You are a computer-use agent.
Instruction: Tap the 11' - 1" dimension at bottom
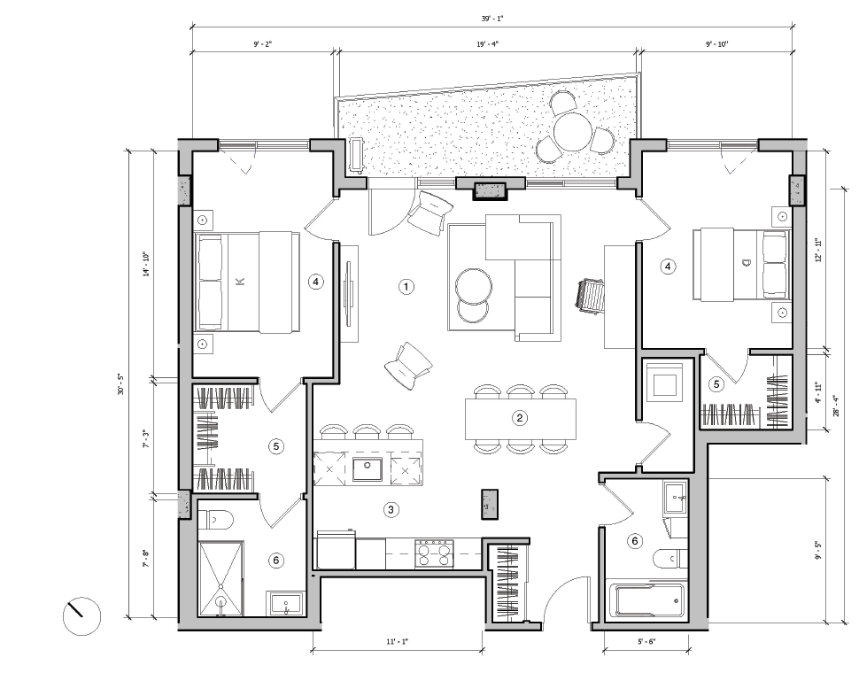pos(398,641)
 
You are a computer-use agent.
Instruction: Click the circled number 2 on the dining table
pos(521,418)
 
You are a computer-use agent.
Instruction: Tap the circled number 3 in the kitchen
pos(390,508)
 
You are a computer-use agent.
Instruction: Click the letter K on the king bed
pos(239,282)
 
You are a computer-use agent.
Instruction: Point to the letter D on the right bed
pos(747,262)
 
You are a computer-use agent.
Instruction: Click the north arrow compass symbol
pos(82,615)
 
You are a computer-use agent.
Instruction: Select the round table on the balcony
pos(573,133)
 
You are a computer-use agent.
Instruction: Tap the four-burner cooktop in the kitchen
pos(434,553)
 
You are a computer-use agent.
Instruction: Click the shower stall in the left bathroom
pos(221,578)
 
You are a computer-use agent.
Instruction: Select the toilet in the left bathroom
pos(214,520)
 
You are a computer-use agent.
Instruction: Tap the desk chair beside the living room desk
pos(591,295)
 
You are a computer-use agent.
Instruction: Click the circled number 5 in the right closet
pos(717,383)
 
